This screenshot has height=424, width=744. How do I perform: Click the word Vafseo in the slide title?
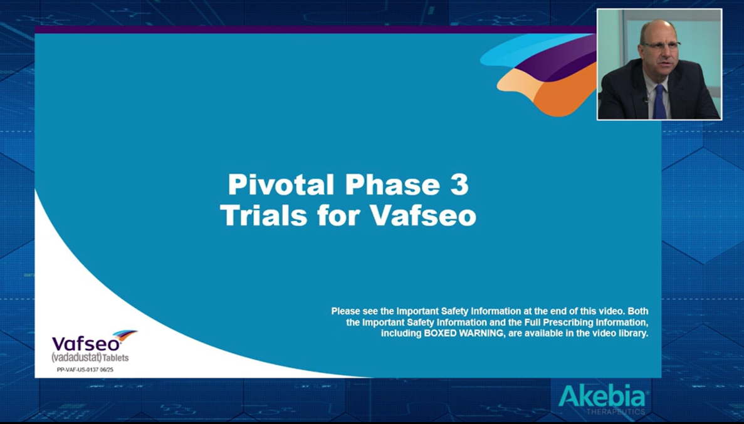[423, 216]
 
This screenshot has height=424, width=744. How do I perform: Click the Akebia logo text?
[602, 397]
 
